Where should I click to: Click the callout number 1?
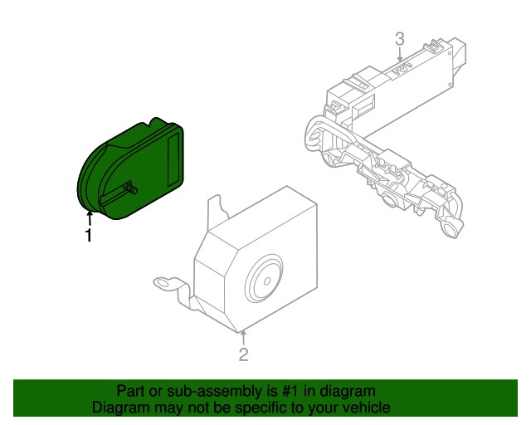coord(89,235)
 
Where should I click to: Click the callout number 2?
coord(243,354)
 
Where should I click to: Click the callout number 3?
coord(400,39)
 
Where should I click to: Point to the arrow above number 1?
coord(90,218)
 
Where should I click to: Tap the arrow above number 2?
coord(243,338)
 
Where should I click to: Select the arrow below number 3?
coord(400,54)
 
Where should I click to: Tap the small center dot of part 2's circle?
coord(267,281)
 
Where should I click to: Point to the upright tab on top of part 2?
coord(216,208)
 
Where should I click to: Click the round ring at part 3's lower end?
coord(451,230)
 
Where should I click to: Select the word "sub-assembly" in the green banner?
coord(215,392)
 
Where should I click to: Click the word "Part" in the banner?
coord(131,391)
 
